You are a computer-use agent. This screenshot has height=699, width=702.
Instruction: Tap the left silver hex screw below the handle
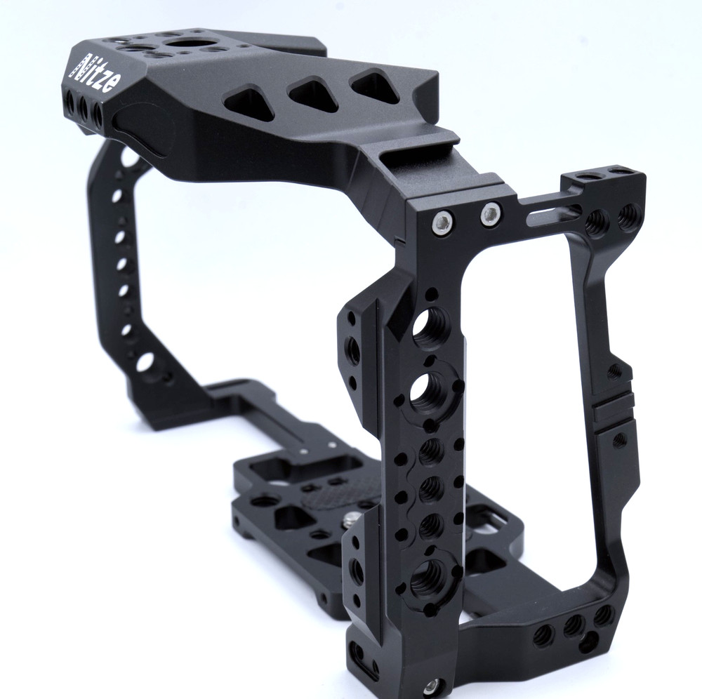click(x=440, y=222)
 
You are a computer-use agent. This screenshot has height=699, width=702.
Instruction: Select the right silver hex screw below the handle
click(x=491, y=214)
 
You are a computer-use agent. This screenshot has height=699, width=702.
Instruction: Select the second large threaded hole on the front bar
click(x=428, y=392)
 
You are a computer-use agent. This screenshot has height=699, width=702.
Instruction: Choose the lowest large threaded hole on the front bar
click(x=425, y=579)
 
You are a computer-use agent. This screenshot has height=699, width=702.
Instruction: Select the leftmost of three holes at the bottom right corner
click(x=543, y=635)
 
